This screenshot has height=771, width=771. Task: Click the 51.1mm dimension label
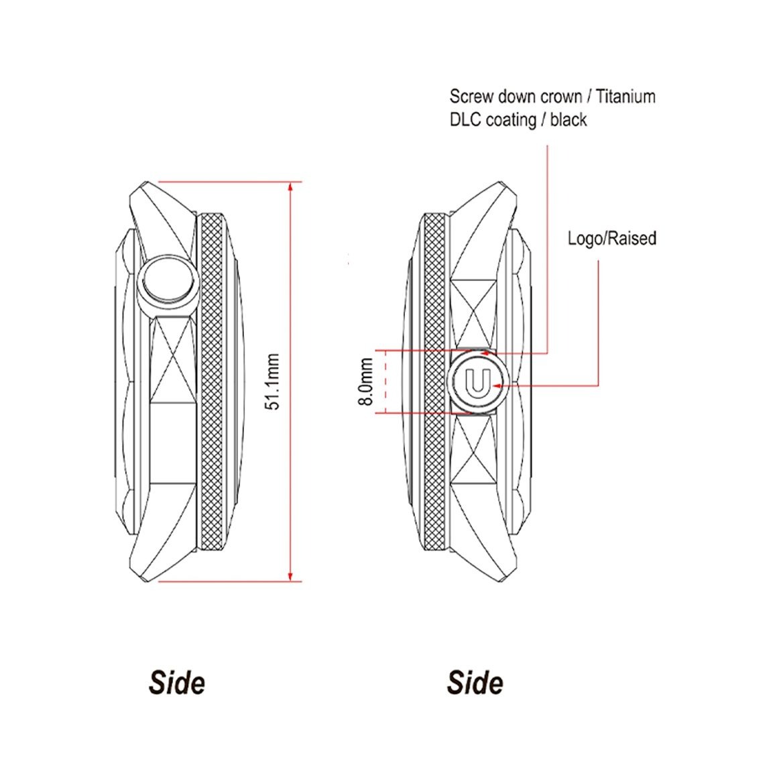[272, 381]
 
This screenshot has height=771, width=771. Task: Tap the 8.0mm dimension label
[365, 381]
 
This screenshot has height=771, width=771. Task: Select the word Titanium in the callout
[626, 97]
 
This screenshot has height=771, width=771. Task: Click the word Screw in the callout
[471, 97]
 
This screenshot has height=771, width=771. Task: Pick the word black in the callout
[569, 119]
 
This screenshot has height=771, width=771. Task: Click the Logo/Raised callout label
[611, 239]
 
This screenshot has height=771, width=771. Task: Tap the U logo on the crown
[477, 382]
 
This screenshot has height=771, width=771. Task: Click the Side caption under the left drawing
[176, 683]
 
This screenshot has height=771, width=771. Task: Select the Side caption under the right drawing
[475, 683]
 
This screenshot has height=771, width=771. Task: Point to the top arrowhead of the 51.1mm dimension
[290, 187]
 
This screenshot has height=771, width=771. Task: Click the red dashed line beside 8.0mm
[385, 382]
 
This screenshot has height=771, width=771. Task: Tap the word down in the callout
[516, 97]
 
